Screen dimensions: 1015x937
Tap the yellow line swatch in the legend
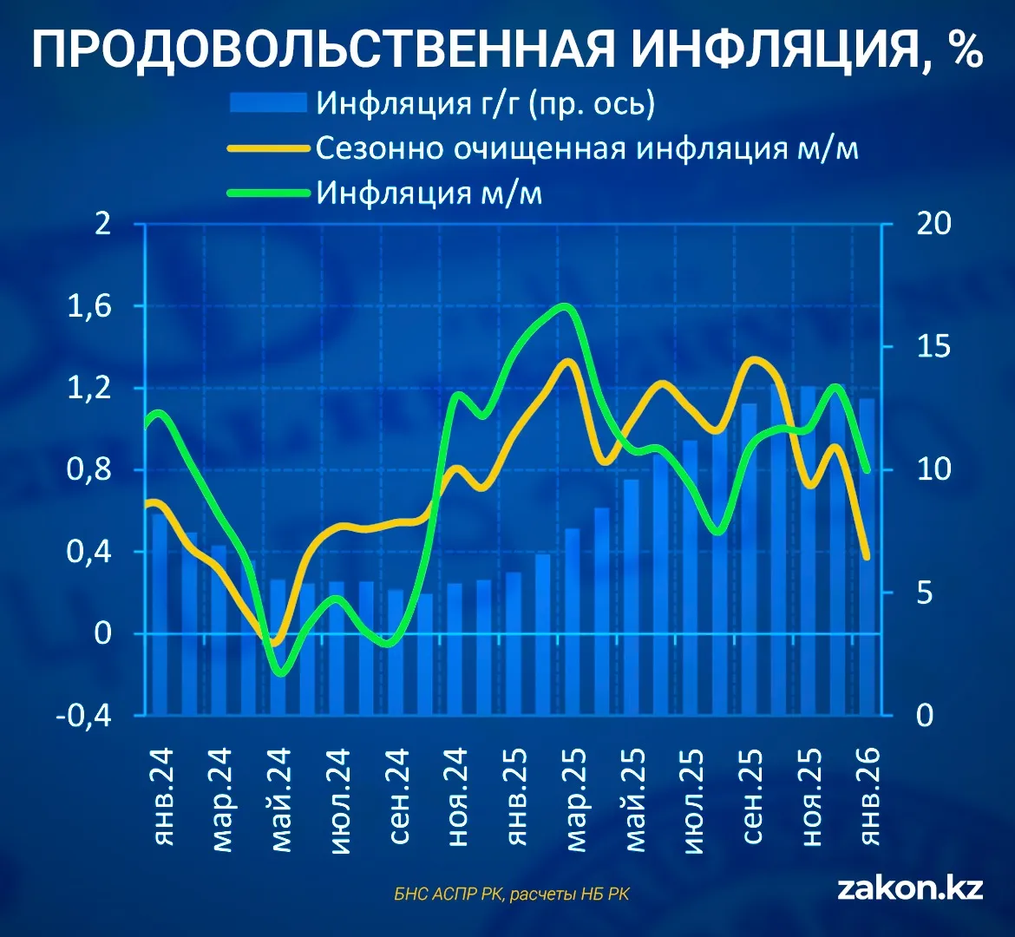267,148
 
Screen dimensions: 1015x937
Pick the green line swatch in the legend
267,193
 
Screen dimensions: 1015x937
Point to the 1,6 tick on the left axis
89,306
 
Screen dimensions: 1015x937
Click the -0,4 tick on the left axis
83,716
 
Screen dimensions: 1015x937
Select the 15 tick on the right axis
933,347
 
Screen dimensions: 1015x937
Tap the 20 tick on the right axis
933,224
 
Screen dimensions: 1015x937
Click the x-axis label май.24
280,800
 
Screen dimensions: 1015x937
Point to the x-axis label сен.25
751,796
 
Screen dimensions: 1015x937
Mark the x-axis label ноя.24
457,797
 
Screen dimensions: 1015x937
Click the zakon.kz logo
910,888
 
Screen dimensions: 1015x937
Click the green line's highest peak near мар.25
565,306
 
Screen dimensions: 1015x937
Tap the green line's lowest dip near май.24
280,672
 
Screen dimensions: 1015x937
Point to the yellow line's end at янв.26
868,556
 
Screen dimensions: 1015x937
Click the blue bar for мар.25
573,622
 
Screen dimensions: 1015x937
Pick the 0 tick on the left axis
103,633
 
